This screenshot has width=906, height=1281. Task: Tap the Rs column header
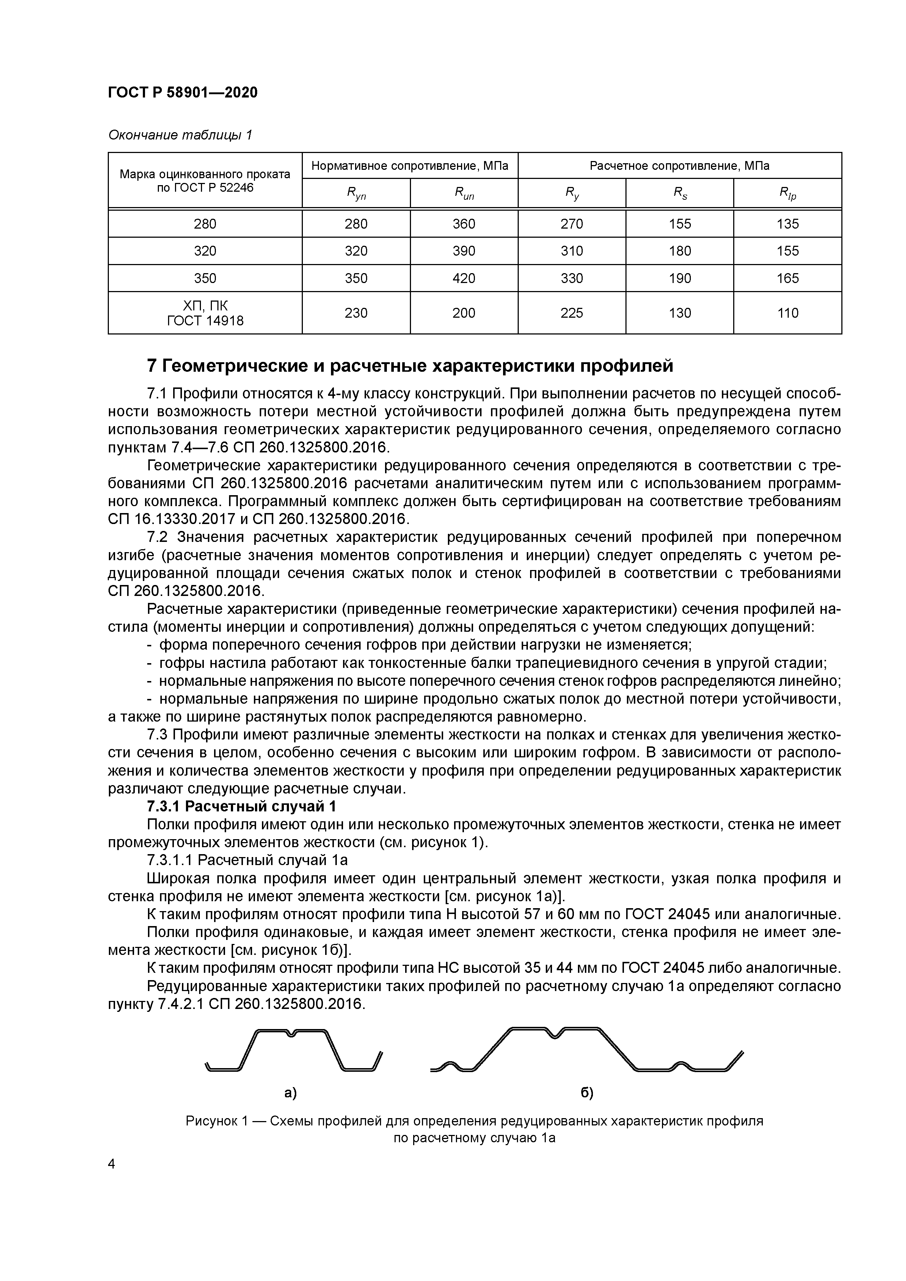pyautogui.click(x=679, y=194)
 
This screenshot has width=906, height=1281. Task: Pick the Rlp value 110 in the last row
pyautogui.click(x=787, y=313)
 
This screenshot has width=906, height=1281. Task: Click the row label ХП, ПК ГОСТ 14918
pyautogui.click(x=205, y=313)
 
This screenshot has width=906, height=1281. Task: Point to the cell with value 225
pyautogui.click(x=572, y=313)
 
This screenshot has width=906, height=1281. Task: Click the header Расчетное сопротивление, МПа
pyautogui.click(x=679, y=166)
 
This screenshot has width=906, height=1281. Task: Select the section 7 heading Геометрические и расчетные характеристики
pyautogui.click(x=410, y=366)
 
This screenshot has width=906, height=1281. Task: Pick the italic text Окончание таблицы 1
pyautogui.click(x=180, y=135)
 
